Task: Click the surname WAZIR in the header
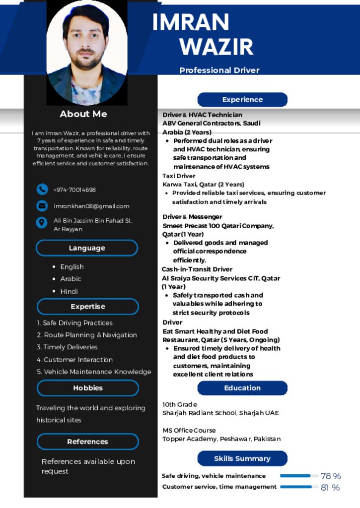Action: click(x=216, y=46)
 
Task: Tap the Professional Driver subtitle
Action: click(x=219, y=70)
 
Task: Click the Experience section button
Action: click(x=242, y=100)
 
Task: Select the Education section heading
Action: click(x=242, y=388)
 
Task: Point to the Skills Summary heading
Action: click(x=242, y=458)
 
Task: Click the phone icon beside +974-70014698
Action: click(x=42, y=190)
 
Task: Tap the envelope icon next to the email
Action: click(x=42, y=206)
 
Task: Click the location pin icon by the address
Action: click(x=42, y=222)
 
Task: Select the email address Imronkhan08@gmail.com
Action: click(x=91, y=206)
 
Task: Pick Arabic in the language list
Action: click(x=71, y=279)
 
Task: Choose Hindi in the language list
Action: click(x=69, y=291)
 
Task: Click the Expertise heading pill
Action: click(x=88, y=307)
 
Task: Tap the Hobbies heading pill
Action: click(x=88, y=388)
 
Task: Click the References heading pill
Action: click(x=88, y=442)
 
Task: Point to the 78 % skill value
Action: click(x=331, y=476)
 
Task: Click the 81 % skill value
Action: click(x=330, y=488)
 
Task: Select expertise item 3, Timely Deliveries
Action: click(x=67, y=347)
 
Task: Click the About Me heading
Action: click(x=83, y=114)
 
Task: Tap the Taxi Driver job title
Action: click(x=179, y=176)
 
